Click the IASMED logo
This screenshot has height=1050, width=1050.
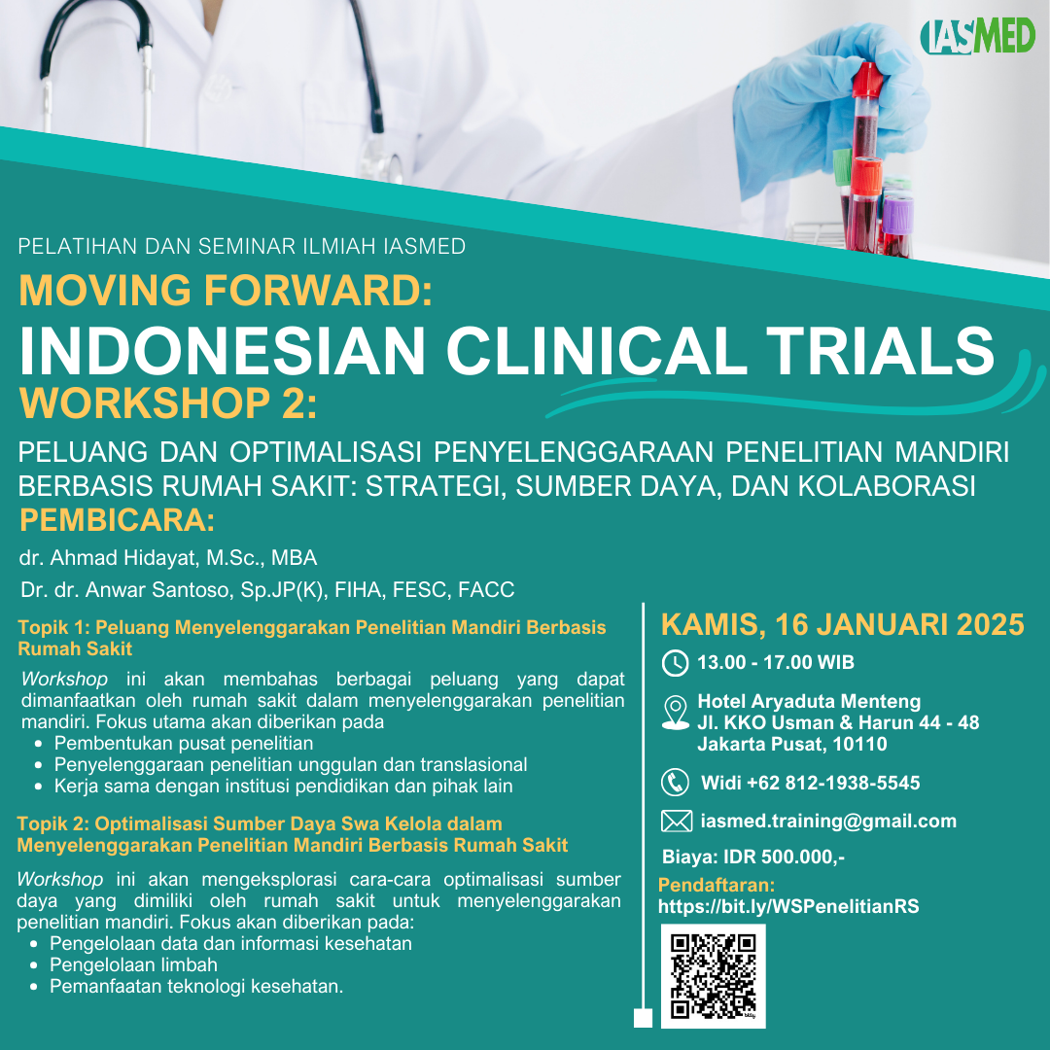click(977, 36)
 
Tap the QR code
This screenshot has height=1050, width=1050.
click(714, 976)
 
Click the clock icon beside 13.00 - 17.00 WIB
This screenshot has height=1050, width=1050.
click(675, 663)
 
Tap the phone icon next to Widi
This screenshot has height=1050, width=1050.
click(675, 782)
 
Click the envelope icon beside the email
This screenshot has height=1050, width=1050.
click(677, 821)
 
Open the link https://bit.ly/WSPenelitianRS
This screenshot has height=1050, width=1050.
click(788, 907)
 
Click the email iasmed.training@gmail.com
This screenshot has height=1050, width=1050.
click(828, 821)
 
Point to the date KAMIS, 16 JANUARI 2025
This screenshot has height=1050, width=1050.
click(842, 625)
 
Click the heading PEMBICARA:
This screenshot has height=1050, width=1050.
click(118, 520)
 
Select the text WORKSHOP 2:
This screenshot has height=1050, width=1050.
click(168, 403)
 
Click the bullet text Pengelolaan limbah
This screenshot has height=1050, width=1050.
click(133, 965)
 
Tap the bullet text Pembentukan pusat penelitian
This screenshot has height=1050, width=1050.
click(184, 744)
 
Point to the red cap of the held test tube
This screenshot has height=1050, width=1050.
click(868, 80)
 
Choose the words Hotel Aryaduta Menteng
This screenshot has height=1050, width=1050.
click(809, 701)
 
